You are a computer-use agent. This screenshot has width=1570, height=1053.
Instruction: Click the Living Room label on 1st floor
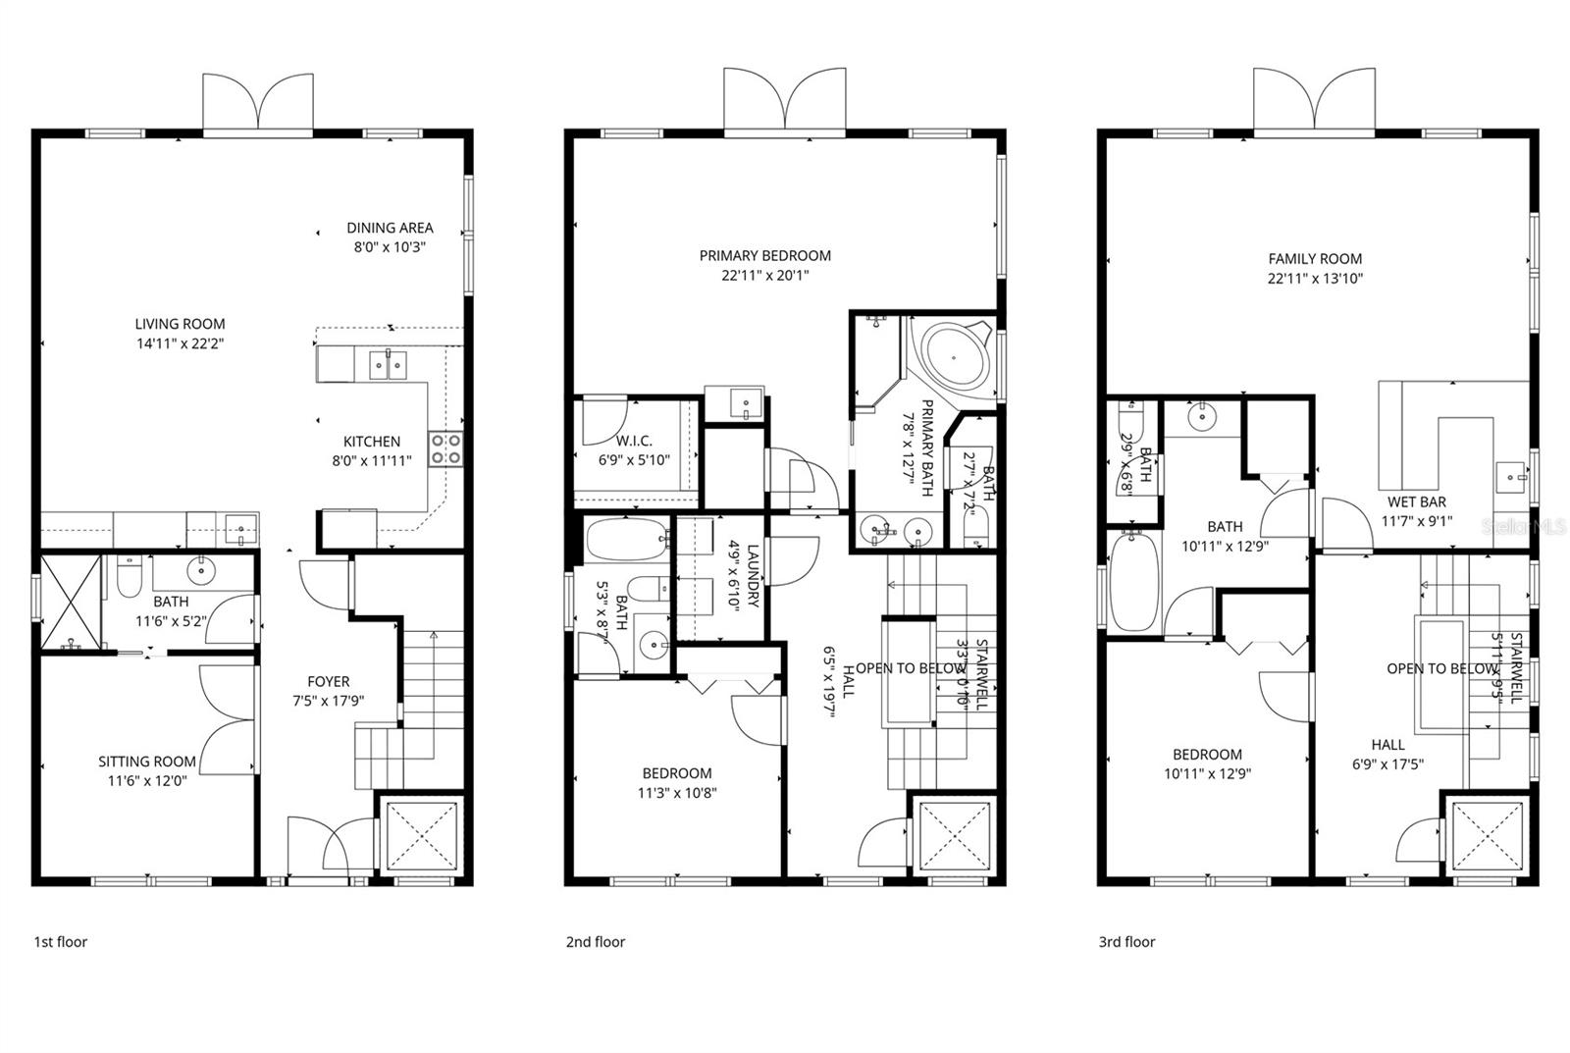[x=180, y=324]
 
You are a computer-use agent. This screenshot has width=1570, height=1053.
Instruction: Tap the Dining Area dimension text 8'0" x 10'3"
[x=390, y=247]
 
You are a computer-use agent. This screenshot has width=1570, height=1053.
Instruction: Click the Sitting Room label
[x=147, y=762]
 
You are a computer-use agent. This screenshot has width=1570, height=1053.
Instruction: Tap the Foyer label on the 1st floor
[x=328, y=681]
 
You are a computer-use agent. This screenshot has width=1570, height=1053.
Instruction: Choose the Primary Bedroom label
[x=764, y=256]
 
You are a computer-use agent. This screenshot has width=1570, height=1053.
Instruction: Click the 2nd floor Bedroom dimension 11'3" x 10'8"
[x=677, y=793]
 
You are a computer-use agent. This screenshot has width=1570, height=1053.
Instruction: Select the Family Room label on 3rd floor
[x=1315, y=259]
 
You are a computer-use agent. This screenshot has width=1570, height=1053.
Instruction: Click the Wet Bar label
[x=1414, y=502]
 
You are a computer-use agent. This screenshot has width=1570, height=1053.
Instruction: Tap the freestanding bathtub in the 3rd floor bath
[x=1135, y=580]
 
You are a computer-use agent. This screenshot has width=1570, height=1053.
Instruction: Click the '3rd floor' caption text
[x=1126, y=942]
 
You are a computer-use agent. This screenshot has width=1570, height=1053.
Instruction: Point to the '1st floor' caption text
[x=61, y=942]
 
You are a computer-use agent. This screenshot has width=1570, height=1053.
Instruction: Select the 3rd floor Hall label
[x=1387, y=745]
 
